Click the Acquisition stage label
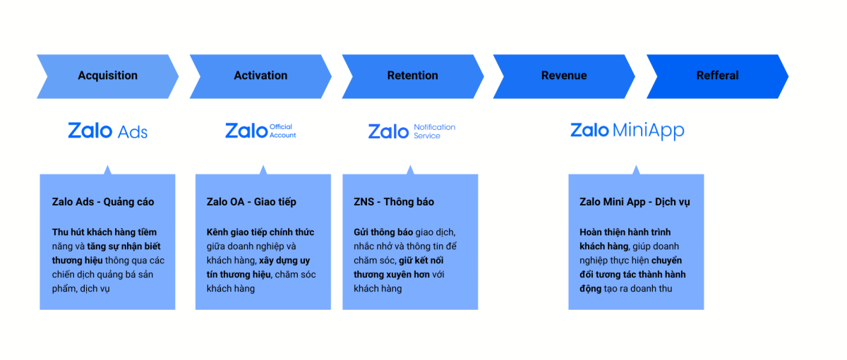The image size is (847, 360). click(108, 76)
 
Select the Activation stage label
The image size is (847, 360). click(260, 76)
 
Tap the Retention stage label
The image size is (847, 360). click(412, 76)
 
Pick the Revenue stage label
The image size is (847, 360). click(564, 76)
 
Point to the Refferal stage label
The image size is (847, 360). click(717, 76)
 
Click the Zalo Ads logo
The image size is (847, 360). click(108, 131)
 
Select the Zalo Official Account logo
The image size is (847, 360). click(260, 131)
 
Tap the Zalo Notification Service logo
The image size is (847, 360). click(412, 131)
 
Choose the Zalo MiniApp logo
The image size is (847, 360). click(627, 131)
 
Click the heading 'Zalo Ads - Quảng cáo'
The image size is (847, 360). click(103, 202)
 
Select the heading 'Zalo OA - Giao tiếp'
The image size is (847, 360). click(251, 202)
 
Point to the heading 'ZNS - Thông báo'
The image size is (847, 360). click(394, 202)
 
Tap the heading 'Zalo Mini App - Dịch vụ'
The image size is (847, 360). click(635, 202)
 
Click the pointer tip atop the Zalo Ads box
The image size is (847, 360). click(107, 166)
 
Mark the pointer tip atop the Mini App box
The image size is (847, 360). click(636, 166)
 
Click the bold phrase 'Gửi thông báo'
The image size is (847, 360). click(383, 232)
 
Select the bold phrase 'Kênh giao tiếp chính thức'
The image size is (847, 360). click(260, 232)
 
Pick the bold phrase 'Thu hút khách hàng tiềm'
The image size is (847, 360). click(104, 232)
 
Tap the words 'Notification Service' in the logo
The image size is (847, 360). click(435, 131)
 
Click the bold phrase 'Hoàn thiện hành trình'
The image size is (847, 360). click(625, 232)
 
